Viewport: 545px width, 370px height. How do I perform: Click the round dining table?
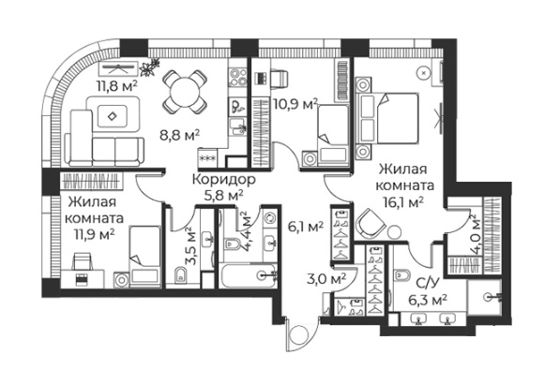point(185,92)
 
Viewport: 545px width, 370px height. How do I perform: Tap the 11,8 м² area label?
point(116,86)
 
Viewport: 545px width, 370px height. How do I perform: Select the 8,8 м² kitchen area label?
point(179,136)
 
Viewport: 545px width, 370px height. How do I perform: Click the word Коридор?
point(224,180)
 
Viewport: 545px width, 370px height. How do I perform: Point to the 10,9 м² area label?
point(295,104)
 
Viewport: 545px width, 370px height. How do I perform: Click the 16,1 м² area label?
point(403,202)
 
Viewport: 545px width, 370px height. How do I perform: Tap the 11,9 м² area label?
point(94,235)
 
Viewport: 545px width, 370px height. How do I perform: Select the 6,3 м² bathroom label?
point(427,301)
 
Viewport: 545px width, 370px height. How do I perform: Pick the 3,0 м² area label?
point(326,278)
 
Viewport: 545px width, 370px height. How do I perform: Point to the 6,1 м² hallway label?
point(306,227)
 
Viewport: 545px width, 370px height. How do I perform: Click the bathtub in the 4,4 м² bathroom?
point(249,276)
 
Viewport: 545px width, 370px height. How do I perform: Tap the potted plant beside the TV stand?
point(150,67)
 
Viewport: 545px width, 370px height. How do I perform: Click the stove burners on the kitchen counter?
point(237,77)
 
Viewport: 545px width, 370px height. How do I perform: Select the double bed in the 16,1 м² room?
point(388,118)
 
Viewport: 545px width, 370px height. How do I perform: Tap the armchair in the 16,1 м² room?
point(371,223)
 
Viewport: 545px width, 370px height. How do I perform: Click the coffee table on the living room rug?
point(112,116)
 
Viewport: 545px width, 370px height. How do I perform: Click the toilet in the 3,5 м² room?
point(180,274)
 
